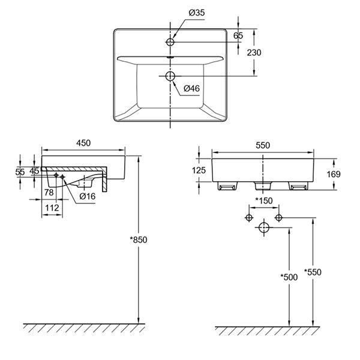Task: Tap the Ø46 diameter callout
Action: [191, 88]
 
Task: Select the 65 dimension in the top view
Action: [238, 35]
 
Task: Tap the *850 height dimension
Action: [138, 239]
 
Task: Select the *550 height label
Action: [313, 272]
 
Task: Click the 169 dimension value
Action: [334, 174]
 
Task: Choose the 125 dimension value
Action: [200, 170]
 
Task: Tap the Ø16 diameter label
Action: [88, 196]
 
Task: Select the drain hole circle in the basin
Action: [170, 76]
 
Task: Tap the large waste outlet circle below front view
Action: [263, 227]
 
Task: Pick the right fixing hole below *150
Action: [278, 217]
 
